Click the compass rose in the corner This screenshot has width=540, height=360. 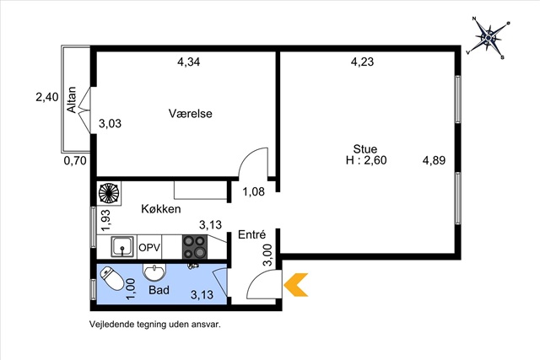[x=488, y=37]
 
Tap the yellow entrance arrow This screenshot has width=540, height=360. [x=295, y=285]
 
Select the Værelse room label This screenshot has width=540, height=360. [x=191, y=114]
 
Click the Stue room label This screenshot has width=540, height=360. [x=365, y=149]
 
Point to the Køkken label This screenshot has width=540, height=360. [x=161, y=209]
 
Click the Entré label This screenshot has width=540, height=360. [x=252, y=234]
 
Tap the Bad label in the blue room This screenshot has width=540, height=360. [x=159, y=290]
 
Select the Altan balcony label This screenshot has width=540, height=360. [x=72, y=99]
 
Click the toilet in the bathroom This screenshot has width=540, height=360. [x=112, y=278]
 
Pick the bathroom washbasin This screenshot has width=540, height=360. [x=154, y=272]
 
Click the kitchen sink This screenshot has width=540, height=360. [x=122, y=246]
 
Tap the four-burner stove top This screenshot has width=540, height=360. [x=195, y=246]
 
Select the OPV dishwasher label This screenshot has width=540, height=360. [x=149, y=248]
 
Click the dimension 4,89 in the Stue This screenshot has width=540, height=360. [x=434, y=160]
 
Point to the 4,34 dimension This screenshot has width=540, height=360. [x=189, y=62]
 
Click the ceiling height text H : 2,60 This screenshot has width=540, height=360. [x=366, y=160]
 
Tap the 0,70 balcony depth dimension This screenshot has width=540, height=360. [x=75, y=160]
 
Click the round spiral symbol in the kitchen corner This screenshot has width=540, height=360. [x=109, y=193]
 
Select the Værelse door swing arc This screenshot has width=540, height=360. [x=249, y=157]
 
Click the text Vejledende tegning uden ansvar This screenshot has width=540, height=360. [x=155, y=325]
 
